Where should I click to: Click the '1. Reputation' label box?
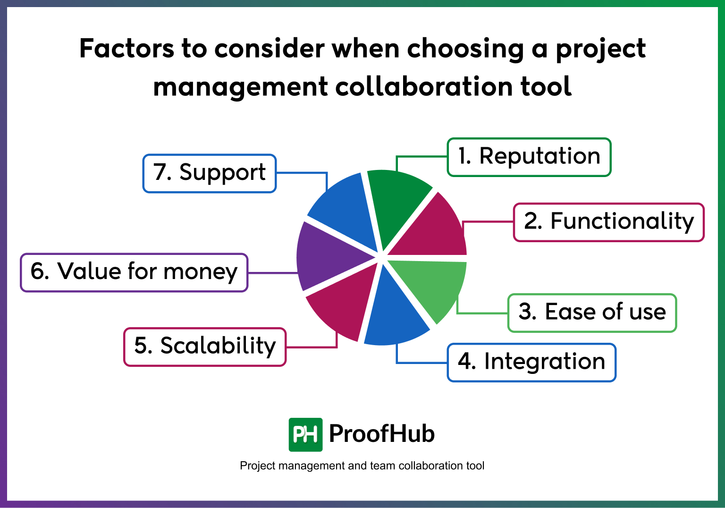pyautogui.click(x=529, y=157)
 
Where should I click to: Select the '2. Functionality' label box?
pyautogui.click(x=608, y=222)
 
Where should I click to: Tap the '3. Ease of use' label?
pyautogui.click(x=592, y=313)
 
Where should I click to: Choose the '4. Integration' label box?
pyautogui.click(x=531, y=363)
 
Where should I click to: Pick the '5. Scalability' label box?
pyautogui.click(x=205, y=347)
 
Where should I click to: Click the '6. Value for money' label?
pyautogui.click(x=134, y=272)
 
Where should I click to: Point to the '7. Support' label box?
pyautogui.click(x=210, y=173)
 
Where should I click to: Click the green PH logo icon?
pyautogui.click(x=305, y=434)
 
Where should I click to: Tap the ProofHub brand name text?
pyautogui.click(x=381, y=434)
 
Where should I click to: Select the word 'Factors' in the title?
pyautogui.click(x=126, y=49)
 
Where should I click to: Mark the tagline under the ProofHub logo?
pyautogui.click(x=362, y=466)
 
